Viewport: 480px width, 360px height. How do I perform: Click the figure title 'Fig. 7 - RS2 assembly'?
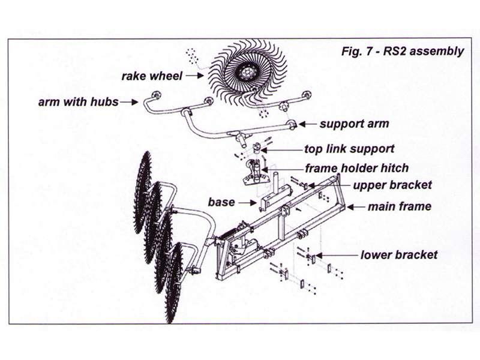(402, 51)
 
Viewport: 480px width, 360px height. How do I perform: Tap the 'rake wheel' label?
(152, 76)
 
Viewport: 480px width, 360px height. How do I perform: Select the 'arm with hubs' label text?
(79, 102)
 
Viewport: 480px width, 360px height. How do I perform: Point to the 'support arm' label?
(354, 124)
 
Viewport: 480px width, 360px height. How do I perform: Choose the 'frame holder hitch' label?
(357, 168)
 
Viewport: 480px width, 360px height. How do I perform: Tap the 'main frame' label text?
(399, 206)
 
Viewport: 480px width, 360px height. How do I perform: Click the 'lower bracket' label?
(399, 255)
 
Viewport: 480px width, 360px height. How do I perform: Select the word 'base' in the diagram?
(221, 202)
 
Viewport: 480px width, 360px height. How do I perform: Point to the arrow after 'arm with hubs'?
(129, 103)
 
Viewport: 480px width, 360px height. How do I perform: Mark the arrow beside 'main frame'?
(356, 206)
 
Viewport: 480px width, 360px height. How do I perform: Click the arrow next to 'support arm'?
(307, 124)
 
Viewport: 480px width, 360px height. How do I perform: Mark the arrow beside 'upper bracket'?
(342, 185)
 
